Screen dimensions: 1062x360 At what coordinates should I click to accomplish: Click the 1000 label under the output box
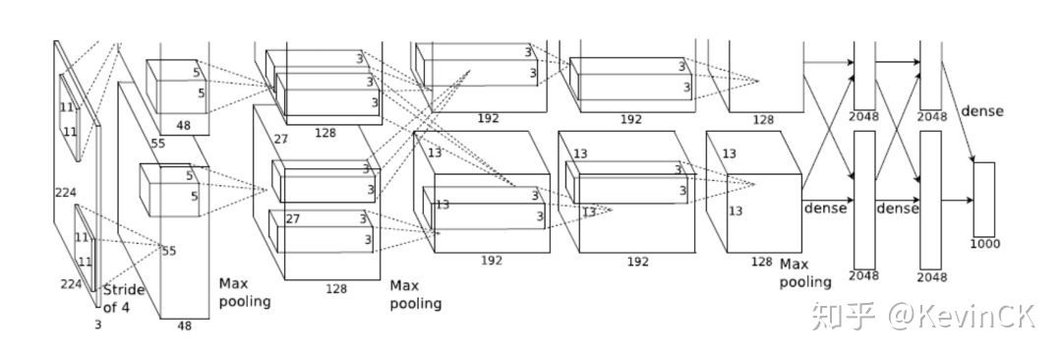click(x=984, y=244)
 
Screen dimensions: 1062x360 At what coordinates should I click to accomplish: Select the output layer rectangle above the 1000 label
click(x=984, y=200)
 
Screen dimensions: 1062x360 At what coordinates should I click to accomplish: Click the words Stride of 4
click(x=123, y=299)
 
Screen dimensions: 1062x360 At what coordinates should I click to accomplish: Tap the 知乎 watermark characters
click(x=843, y=317)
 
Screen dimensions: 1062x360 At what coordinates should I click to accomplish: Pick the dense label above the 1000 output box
click(x=982, y=111)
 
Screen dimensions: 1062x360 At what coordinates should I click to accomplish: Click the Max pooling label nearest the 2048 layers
click(x=804, y=272)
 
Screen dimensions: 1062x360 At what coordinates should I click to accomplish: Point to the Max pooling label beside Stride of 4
click(x=245, y=292)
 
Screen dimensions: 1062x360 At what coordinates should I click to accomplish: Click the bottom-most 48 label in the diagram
click(x=184, y=327)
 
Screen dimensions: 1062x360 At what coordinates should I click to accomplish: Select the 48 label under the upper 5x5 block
click(x=184, y=125)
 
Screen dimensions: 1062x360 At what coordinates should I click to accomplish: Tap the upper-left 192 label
click(x=489, y=118)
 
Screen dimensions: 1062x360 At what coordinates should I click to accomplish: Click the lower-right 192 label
click(x=637, y=261)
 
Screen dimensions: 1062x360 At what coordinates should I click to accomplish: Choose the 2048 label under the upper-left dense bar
click(x=863, y=117)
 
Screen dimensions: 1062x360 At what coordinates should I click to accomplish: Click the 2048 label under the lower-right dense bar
click(x=932, y=276)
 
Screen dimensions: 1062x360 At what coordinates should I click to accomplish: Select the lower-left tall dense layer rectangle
click(x=864, y=200)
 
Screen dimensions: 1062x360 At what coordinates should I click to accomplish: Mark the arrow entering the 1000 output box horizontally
click(x=957, y=200)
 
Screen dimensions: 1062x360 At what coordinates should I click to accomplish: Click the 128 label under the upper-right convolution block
click(x=763, y=120)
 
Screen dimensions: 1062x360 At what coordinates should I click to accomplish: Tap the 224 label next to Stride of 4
click(x=71, y=284)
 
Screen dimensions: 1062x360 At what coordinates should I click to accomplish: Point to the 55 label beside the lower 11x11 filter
click(x=169, y=251)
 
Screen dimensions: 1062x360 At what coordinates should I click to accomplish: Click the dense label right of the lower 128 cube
click(x=826, y=209)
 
